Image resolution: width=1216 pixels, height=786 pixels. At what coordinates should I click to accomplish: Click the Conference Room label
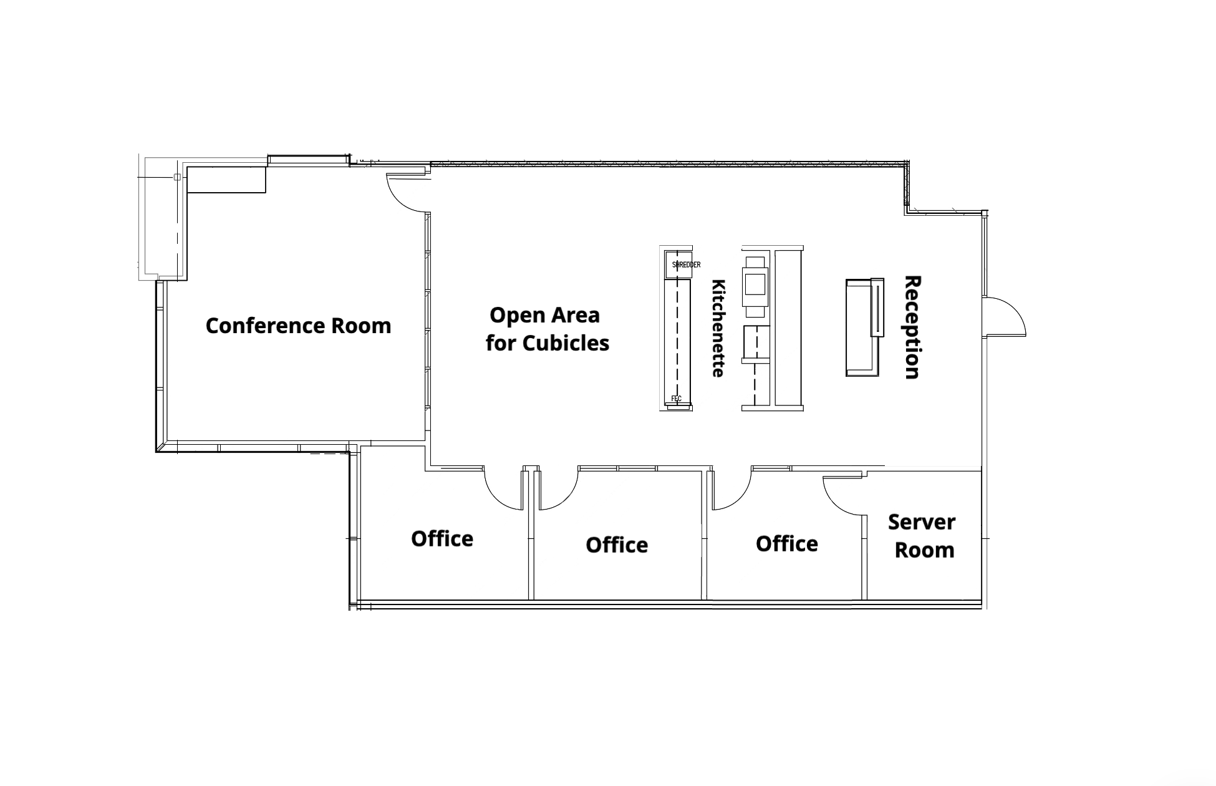[x=298, y=326]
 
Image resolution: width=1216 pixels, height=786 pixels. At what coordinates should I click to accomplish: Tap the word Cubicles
[x=566, y=342]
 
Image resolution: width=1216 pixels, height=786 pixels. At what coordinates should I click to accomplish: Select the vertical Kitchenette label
[x=719, y=328]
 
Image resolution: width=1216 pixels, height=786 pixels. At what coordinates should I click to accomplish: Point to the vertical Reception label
[x=912, y=327]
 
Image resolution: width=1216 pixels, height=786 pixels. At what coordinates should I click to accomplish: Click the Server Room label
[x=922, y=536]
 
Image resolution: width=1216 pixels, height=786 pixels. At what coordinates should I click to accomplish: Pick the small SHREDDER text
[x=686, y=264]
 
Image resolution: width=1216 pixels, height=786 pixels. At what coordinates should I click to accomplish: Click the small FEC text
[x=677, y=399]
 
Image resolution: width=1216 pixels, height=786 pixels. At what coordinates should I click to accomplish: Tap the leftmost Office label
[x=442, y=538]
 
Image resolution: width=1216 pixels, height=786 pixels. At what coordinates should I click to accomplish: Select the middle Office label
[x=617, y=545]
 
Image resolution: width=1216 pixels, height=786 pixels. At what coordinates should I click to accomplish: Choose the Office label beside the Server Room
[x=787, y=543]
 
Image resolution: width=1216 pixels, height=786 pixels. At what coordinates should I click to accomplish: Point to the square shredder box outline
[x=678, y=264]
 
